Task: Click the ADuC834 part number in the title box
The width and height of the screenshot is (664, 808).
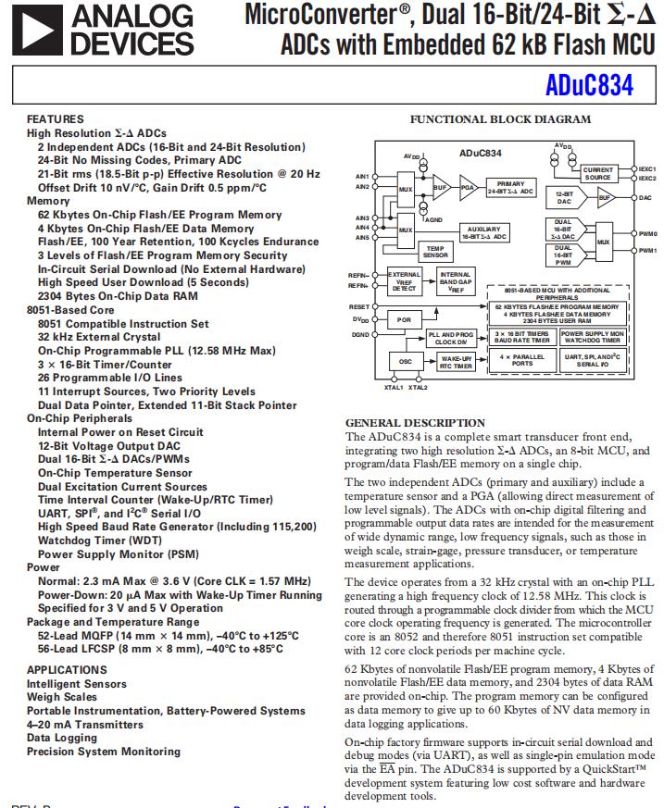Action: coord(589,85)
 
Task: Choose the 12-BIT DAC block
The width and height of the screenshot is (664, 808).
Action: coord(564,198)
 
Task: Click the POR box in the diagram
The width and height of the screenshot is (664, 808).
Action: coord(403,319)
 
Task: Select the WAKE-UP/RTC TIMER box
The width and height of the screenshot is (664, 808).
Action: coord(457,363)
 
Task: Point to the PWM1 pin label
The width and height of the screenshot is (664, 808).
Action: coord(648,250)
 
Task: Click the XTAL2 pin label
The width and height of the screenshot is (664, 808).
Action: coord(419,388)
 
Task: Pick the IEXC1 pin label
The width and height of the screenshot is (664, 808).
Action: coord(647,169)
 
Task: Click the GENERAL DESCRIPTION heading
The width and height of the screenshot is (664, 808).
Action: coord(414,423)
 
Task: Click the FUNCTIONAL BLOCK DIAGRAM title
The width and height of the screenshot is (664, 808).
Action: coord(500,119)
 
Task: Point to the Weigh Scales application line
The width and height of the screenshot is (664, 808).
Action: coord(61,697)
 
